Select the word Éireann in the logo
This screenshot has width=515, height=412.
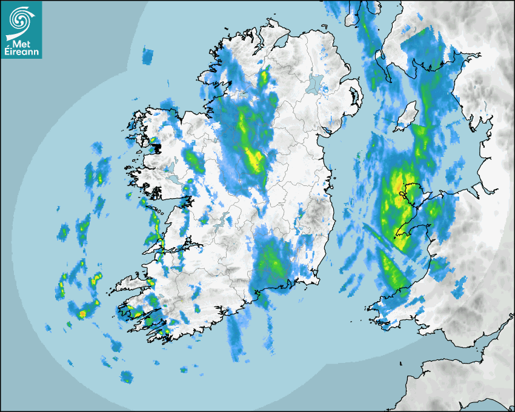coord(22,52)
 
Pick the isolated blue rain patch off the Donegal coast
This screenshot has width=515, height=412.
coord(148,56)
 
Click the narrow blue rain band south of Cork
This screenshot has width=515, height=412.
coord(234,336)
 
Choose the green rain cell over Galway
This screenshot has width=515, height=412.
coord(194,160)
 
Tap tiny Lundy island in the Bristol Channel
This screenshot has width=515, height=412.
coord(401,363)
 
